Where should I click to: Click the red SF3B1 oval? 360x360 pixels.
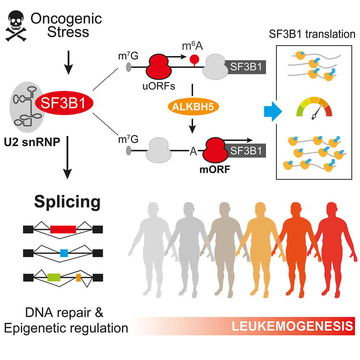tap(64, 104)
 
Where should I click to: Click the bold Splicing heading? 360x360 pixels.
tap(67, 202)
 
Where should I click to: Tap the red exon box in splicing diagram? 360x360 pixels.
tap(63, 229)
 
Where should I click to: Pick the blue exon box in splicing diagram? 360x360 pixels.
tap(64, 253)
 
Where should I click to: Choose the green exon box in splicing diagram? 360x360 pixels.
tap(53, 277)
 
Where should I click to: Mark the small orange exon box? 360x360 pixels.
tap(78, 277)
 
